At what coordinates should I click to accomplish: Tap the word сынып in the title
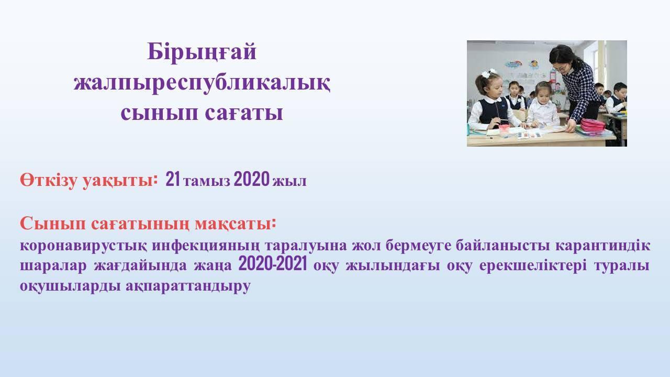coord(159,114)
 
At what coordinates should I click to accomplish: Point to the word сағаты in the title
coord(244,114)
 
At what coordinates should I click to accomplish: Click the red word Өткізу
coord(49,181)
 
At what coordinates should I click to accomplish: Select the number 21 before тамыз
coord(173,179)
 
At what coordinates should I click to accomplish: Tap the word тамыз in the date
coord(207,181)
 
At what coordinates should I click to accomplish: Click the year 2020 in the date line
coord(252,179)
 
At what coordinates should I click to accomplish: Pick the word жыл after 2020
coord(289,182)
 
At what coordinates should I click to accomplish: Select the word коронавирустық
coord(83,246)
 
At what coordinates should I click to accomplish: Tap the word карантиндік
coord(603,246)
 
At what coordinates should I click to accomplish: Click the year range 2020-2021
coord(273,264)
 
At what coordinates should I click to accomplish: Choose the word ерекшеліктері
coord(533,265)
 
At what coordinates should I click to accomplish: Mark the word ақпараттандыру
coord(188,286)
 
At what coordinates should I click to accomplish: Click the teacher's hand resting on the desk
coord(570,126)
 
